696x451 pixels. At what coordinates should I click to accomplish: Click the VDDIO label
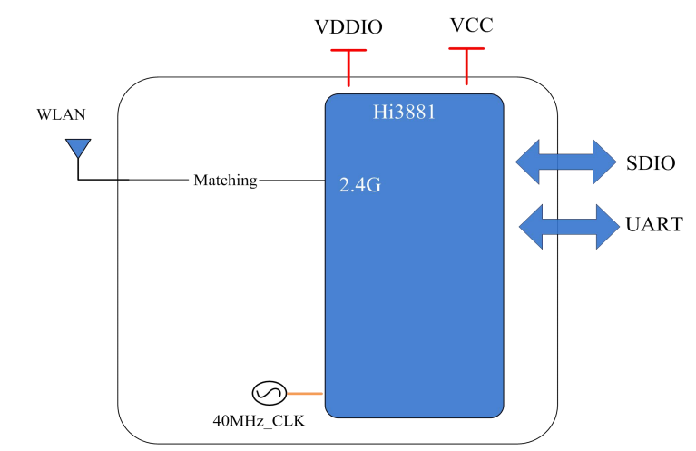pos(348,27)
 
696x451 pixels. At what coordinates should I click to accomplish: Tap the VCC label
pos(471,25)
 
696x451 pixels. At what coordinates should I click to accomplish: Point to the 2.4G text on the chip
pos(358,186)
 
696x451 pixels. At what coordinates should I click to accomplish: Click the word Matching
pos(225,181)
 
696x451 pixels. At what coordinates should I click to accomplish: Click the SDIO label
pos(651,164)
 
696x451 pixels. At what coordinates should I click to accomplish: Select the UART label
pos(653,224)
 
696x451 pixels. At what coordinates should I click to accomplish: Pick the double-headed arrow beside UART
pos(566,225)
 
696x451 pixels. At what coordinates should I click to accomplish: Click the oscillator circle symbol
pos(268,393)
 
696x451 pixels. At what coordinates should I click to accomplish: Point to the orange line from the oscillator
pos(306,393)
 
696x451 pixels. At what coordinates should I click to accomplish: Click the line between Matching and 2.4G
pos(291,181)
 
